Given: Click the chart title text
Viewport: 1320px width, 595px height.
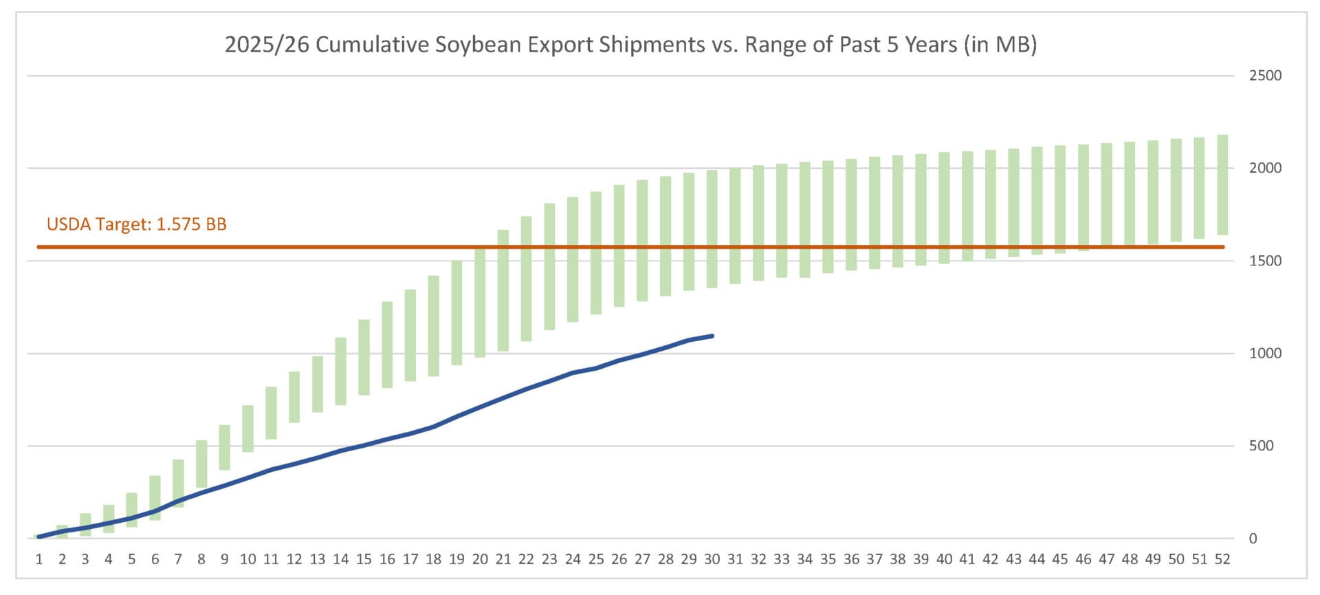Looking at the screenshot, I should pyautogui.click(x=630, y=45).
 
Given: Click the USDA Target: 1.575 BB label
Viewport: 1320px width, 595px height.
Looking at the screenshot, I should pyautogui.click(x=136, y=224).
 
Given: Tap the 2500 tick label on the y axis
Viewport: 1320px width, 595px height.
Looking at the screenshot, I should pyautogui.click(x=1265, y=76).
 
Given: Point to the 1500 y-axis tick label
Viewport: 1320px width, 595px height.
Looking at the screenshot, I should pyautogui.click(x=1265, y=261).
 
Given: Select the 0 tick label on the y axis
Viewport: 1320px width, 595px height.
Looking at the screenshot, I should pyautogui.click(x=1253, y=539).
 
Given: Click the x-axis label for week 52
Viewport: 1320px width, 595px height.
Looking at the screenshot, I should pyautogui.click(x=1222, y=559).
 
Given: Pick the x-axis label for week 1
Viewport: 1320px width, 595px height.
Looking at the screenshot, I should pyautogui.click(x=39, y=559).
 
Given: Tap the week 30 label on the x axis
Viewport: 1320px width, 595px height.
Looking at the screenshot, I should pyautogui.click(x=712, y=559).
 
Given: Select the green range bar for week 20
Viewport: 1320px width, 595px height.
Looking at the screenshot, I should pyautogui.click(x=480, y=303).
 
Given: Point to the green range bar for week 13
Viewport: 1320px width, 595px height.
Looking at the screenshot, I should pyautogui.click(x=318, y=384).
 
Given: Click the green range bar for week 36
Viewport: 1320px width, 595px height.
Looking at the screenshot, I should pyautogui.click(x=851, y=215).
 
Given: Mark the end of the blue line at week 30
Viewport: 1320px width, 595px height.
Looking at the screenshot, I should pyautogui.click(x=712, y=336).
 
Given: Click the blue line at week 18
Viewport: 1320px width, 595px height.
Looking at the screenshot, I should pyautogui.click(x=433, y=426).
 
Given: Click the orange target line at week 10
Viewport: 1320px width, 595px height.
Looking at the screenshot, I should pyautogui.click(x=248, y=246).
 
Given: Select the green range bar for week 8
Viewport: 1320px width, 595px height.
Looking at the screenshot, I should pyautogui.click(x=201, y=464).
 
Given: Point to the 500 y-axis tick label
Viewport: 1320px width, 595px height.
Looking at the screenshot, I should pyautogui.click(x=1261, y=446).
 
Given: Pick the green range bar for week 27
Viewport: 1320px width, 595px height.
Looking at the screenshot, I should pyautogui.click(x=642, y=241).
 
